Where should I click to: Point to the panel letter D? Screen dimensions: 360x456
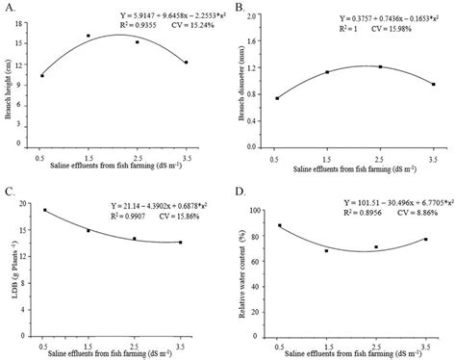pos(237,191)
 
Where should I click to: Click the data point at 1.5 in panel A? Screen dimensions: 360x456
pos(89,36)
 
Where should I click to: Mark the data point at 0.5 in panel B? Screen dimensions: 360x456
pos(278,98)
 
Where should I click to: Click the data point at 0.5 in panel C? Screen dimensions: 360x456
pos(45,210)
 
